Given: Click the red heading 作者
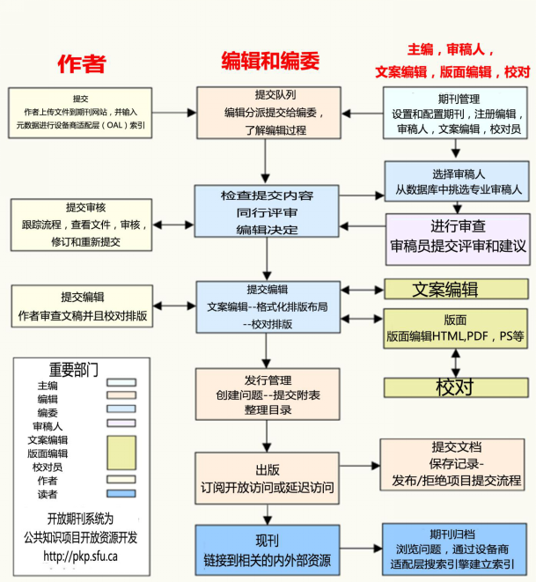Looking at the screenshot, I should coord(82,63).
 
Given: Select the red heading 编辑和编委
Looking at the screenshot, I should coord(269,61).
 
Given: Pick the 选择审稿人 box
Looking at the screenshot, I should coord(456,181).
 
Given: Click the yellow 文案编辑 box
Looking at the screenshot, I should coord(456,290).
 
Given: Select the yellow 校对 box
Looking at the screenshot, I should coord(456,387).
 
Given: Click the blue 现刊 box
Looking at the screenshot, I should coord(267,549).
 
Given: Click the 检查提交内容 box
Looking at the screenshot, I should coord(267,211).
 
